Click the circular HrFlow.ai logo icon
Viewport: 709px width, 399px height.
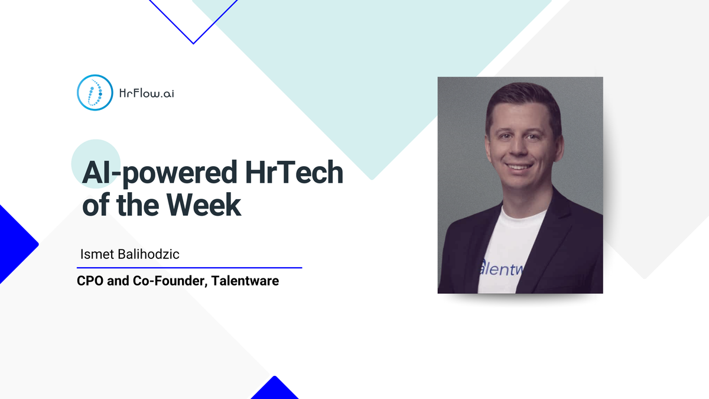click(x=95, y=93)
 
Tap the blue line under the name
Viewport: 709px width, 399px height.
click(x=189, y=268)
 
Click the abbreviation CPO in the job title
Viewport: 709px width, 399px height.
click(x=89, y=281)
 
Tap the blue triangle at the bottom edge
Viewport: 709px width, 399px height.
click(x=274, y=390)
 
